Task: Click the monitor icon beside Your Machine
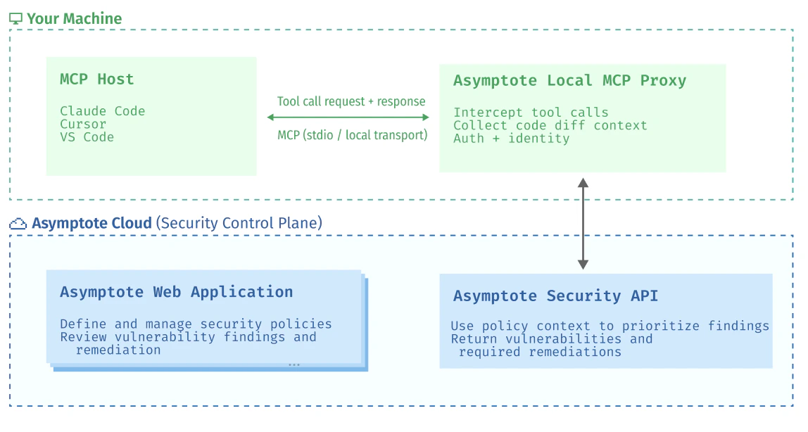pos(15,19)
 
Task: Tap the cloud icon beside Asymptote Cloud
pos(18,224)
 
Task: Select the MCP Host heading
pos(96,79)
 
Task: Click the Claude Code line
pos(102,111)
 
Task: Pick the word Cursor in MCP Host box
pos(83,124)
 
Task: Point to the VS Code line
pos(87,137)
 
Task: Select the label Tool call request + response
pos(351,101)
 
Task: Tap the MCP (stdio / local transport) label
pos(352,134)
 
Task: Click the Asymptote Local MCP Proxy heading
pos(569,80)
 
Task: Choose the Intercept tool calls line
pos(531,113)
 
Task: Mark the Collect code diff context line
pos(550,125)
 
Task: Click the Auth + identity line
pos(511,139)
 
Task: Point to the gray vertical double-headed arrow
pos(583,224)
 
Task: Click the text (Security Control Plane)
pos(239,224)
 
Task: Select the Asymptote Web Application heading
pos(176,292)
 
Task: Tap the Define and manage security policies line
pos(196,324)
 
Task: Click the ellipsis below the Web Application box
pos(294,364)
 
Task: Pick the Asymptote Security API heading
pos(555,296)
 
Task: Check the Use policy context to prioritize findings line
pos(610,326)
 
